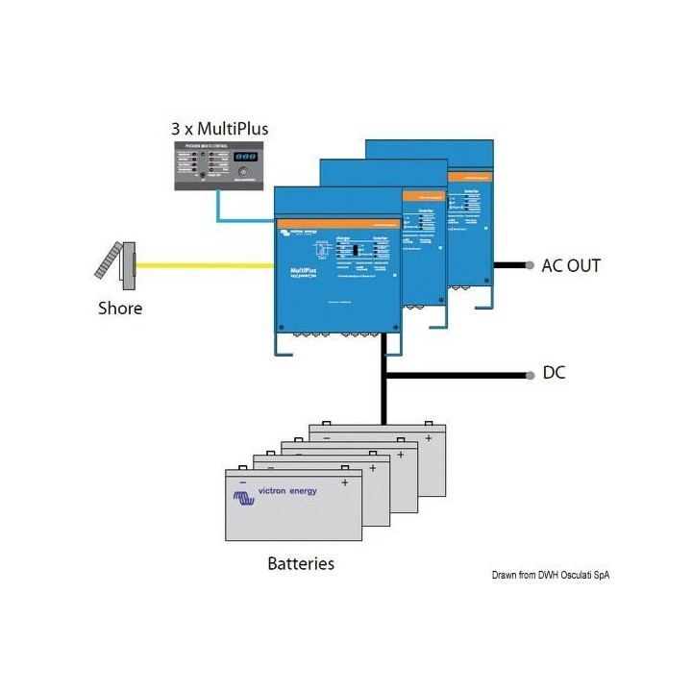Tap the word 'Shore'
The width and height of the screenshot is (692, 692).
pos(120,309)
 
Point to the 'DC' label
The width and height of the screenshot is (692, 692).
pos(555,373)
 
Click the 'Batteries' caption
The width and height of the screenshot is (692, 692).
pos(301,563)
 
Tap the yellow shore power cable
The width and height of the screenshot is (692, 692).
pos(202,265)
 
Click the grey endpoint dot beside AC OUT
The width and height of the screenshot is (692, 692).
pos(529,265)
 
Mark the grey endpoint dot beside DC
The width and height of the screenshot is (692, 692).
pos(529,374)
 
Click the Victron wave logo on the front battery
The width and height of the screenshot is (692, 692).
pos(245,496)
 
